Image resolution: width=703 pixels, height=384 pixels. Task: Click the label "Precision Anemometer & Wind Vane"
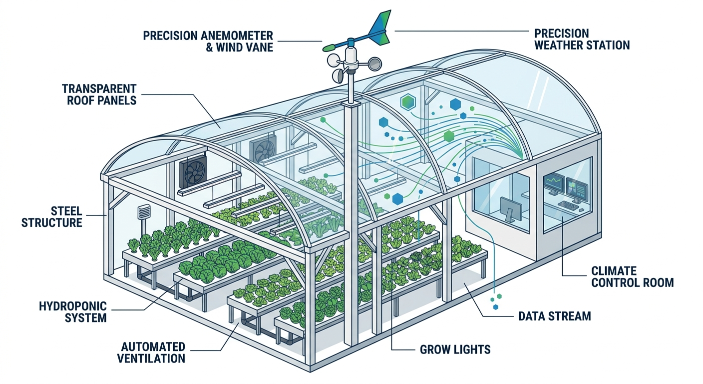click(x=208, y=41)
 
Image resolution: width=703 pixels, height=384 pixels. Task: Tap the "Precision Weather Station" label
click(x=581, y=39)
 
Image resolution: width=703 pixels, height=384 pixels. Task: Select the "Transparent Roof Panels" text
click(x=99, y=94)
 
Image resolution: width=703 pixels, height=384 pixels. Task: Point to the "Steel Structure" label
click(x=51, y=216)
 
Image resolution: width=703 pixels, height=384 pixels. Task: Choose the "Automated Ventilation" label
click(x=153, y=352)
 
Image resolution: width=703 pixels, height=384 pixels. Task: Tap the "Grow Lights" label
click(x=455, y=349)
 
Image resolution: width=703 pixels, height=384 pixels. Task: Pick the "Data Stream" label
click(x=554, y=316)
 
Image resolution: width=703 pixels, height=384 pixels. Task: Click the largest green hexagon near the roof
click(x=408, y=102)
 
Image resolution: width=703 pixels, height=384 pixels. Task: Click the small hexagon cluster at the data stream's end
click(x=495, y=300)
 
